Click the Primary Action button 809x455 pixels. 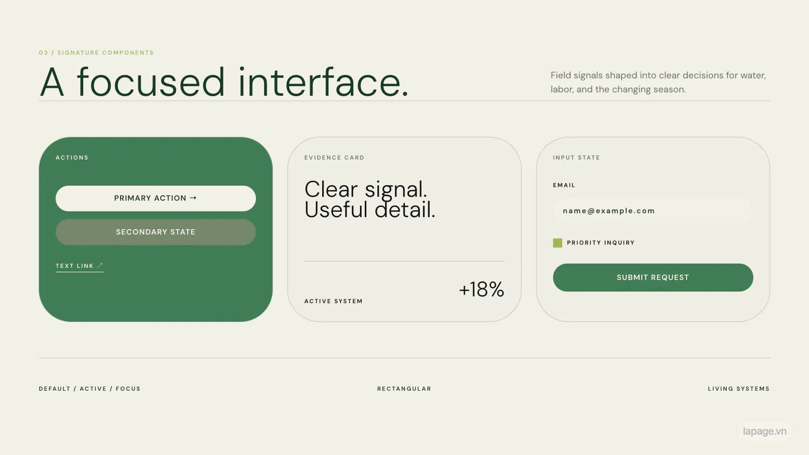156,198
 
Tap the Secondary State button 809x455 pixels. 156,232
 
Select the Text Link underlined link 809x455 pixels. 79,266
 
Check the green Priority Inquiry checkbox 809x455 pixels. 557,243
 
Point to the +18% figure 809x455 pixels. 481,289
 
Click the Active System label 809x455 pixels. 333,301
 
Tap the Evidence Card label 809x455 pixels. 334,158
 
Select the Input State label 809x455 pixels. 576,158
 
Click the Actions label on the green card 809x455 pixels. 72,158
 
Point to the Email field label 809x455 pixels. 564,185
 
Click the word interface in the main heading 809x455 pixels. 323,82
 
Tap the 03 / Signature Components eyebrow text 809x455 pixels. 96,53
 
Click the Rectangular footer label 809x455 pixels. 404,389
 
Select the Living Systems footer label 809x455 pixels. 738,389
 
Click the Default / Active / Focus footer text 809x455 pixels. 90,389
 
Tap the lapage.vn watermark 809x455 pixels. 764,431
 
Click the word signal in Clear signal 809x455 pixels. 396,190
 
